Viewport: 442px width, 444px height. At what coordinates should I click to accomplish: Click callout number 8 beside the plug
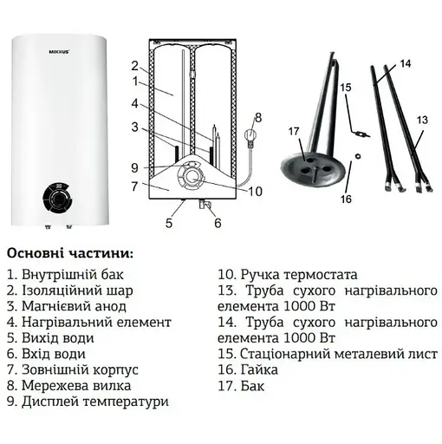pos(257,117)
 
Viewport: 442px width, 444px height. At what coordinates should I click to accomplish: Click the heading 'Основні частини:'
pos(70,254)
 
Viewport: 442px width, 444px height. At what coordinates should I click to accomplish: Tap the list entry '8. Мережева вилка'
pos(68,385)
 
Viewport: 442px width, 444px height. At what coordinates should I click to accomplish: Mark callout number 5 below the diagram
pos(171,223)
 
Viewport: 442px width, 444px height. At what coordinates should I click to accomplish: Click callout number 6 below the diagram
pos(217,223)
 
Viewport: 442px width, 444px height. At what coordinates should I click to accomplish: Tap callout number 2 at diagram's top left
pos(134,65)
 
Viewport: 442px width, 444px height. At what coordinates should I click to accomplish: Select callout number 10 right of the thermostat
pos(255,192)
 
